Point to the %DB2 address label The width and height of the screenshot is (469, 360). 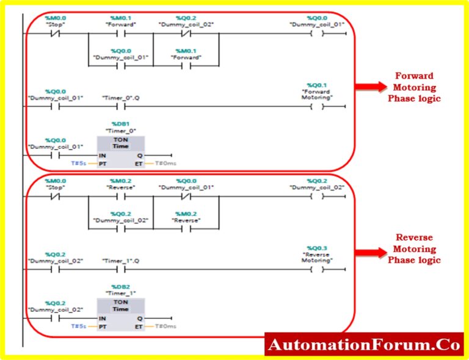[x=121, y=286]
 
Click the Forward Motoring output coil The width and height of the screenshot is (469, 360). [x=318, y=107]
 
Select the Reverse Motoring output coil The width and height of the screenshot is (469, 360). [x=318, y=269]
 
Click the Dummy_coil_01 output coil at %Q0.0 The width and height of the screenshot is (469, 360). [x=318, y=34]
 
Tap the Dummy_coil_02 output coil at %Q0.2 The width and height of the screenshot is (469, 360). [x=318, y=196]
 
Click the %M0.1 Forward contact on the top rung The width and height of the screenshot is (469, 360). [x=120, y=34]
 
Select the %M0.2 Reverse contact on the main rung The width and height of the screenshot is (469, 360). [x=120, y=196]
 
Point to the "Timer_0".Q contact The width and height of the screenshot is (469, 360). [x=120, y=107]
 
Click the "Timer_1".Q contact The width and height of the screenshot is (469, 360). [x=120, y=269]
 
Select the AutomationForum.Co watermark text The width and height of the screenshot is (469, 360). [x=364, y=345]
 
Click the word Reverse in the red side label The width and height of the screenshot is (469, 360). [x=414, y=238]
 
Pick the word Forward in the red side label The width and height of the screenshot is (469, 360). [x=414, y=76]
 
